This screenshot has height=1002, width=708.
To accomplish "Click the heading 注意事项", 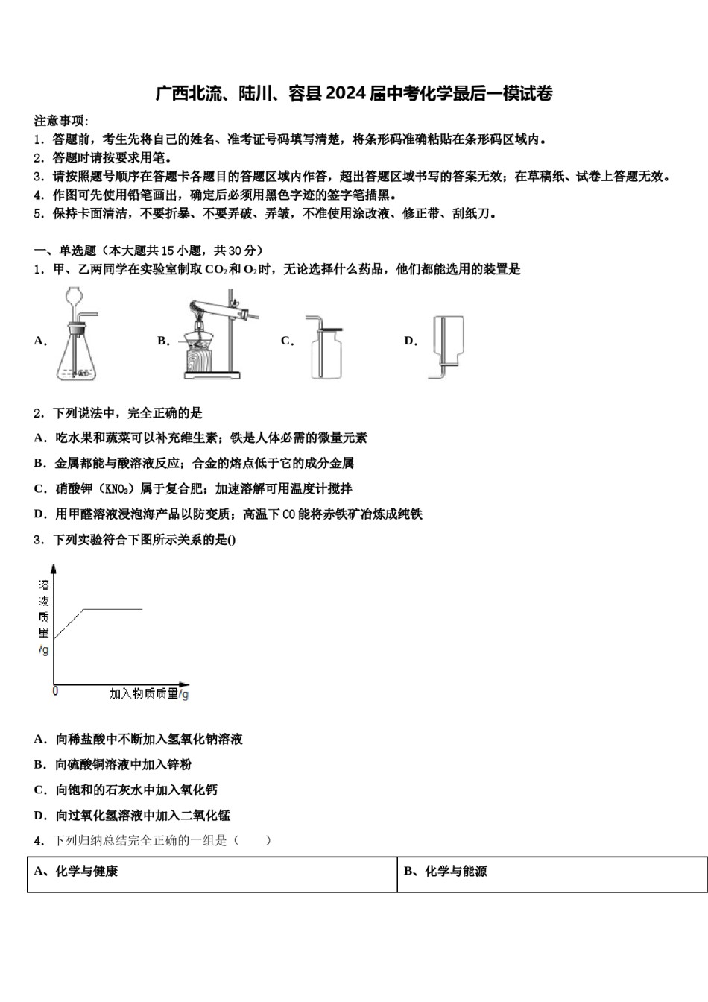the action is [60, 120].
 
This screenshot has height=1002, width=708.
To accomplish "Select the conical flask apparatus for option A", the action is [77, 335].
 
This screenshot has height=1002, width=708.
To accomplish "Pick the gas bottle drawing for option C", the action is [325, 346].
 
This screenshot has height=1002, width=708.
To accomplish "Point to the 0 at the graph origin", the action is [55, 692].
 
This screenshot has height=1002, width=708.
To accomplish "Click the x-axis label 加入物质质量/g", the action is [148, 693].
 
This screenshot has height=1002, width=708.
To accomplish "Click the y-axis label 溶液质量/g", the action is [44, 617].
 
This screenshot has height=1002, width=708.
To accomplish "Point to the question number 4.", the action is [39, 841].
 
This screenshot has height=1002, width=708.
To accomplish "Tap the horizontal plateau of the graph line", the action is [112, 609].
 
